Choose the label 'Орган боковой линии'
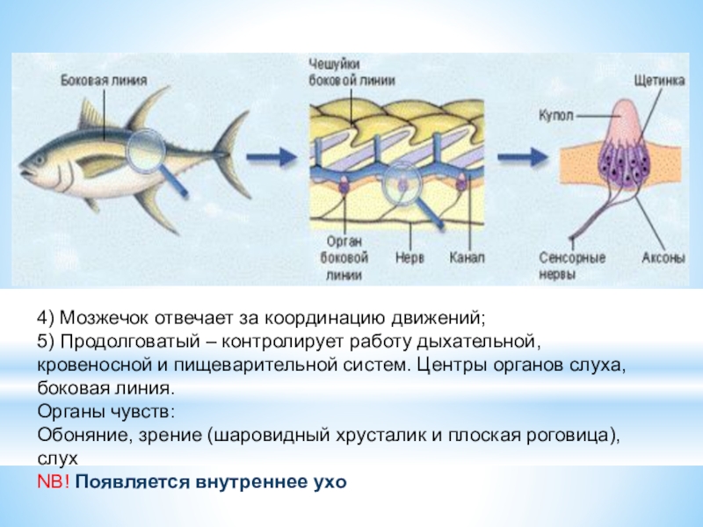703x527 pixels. pos(345,259)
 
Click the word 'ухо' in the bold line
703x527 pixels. pos(328,482)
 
